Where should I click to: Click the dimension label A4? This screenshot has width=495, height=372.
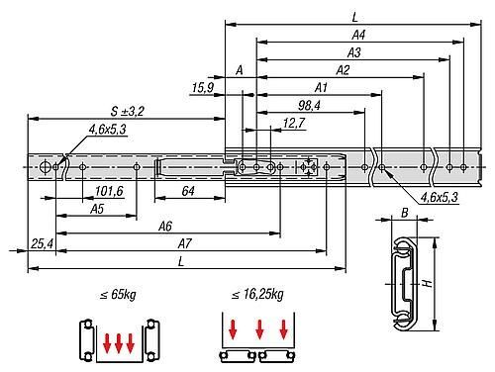tap(358, 35)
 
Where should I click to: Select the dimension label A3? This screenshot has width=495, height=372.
tap(353, 52)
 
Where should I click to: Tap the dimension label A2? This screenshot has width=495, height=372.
tap(343, 70)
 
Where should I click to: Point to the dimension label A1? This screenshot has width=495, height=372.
tap(321, 88)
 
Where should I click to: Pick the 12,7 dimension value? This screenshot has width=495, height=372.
tap(294, 123)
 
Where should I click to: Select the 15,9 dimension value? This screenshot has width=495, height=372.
tap(203, 88)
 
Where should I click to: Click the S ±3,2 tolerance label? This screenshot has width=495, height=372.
tap(128, 111)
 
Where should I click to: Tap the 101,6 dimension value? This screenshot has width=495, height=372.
tap(109, 191)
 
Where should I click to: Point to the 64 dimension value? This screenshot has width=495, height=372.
tap(188, 191)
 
